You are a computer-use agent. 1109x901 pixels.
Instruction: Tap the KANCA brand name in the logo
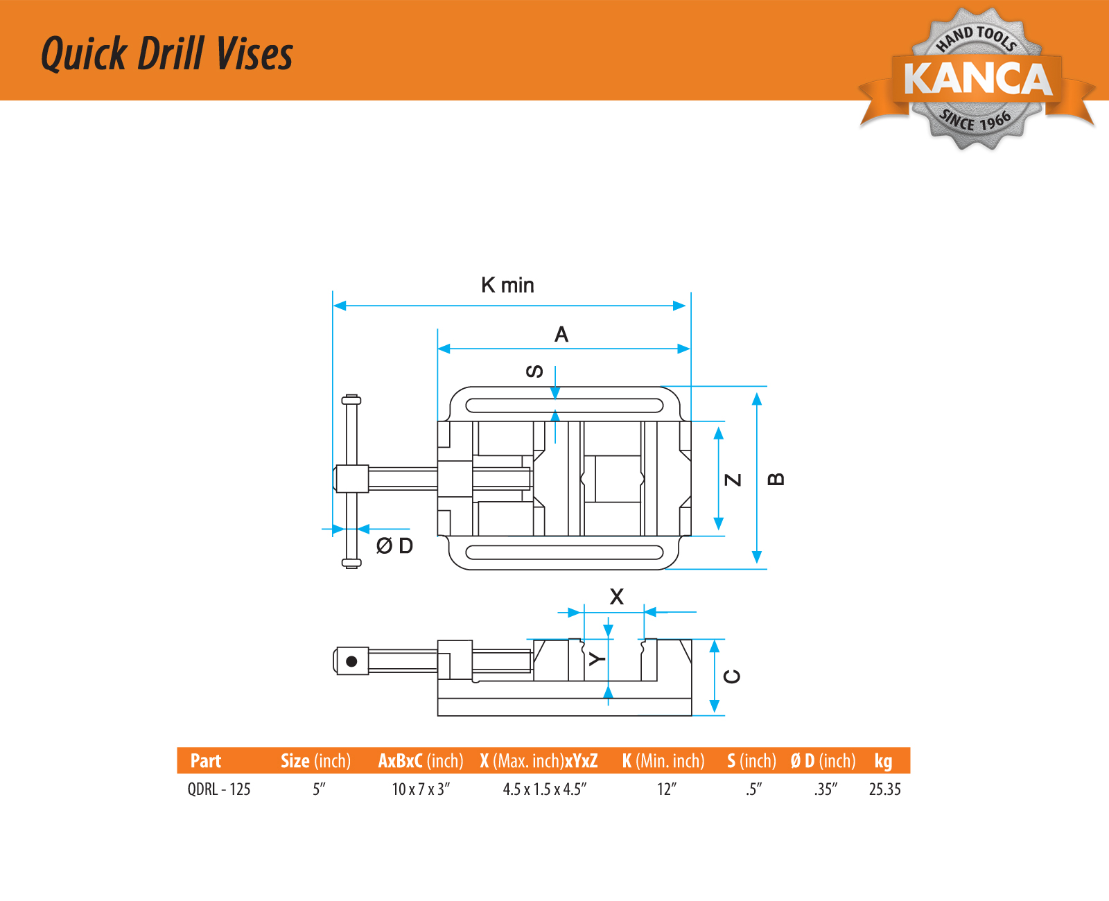(x=977, y=78)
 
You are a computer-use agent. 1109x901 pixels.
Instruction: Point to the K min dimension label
(x=507, y=285)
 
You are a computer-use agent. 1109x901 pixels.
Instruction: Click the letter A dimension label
(x=561, y=335)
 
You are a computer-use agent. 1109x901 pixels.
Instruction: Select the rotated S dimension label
(x=534, y=371)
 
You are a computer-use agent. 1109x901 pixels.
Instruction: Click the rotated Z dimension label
(x=733, y=480)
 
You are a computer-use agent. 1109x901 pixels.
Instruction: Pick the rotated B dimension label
(x=777, y=479)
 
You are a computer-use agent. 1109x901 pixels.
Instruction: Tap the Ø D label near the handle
(x=394, y=546)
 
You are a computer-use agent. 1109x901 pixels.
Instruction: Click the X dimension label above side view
(x=616, y=597)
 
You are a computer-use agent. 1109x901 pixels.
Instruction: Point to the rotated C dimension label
(x=733, y=676)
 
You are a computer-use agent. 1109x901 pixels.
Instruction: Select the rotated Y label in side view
(x=597, y=658)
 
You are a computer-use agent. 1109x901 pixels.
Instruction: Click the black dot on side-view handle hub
(x=351, y=661)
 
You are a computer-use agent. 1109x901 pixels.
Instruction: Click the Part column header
(x=206, y=761)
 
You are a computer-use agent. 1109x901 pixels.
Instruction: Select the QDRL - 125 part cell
(x=219, y=789)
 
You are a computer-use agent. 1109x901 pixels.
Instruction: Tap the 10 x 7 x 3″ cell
(x=421, y=789)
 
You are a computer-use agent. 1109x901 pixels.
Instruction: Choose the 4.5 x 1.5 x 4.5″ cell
(x=545, y=789)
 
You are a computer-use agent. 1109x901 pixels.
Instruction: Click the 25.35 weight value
(x=885, y=789)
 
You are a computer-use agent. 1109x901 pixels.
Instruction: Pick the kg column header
(x=883, y=761)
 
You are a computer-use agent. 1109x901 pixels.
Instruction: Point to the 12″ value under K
(x=667, y=789)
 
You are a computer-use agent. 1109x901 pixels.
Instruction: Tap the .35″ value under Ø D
(x=826, y=789)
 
